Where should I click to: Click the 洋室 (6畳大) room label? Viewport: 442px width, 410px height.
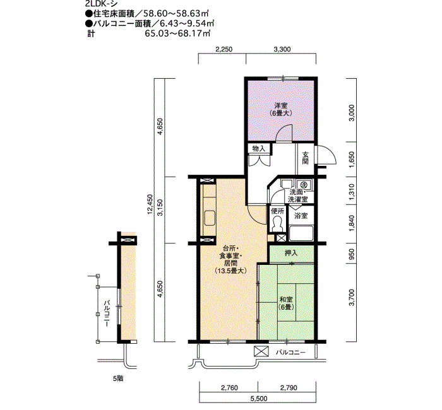281,110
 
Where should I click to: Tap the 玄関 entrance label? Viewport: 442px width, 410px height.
305,158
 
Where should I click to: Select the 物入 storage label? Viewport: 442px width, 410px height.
259,149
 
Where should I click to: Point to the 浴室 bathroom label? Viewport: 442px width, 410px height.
301,216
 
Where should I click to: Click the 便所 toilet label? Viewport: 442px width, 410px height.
277,211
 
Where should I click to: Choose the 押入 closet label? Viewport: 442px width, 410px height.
291,253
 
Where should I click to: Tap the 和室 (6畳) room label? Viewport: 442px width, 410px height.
286,303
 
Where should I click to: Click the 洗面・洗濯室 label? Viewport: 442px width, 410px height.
297,196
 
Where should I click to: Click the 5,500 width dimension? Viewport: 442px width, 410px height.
258,399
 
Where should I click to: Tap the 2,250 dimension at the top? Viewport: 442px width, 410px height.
224,50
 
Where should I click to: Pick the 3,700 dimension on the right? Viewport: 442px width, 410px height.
352,298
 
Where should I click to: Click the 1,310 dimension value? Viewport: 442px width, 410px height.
352,192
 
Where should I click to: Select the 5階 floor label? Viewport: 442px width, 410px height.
119,378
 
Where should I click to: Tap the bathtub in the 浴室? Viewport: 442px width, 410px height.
301,233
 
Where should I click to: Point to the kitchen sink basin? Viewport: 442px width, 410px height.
210,218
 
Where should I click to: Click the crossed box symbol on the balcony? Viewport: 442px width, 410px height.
261,351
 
